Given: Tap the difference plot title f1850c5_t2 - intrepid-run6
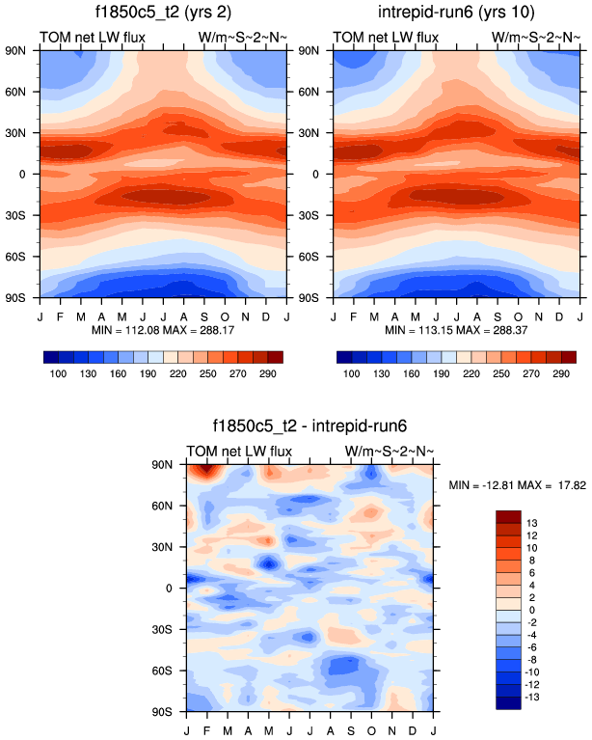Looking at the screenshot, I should tap(309, 425).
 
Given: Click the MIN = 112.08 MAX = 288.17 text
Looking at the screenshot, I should tap(162, 330).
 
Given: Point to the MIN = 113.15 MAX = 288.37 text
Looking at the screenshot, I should tap(456, 330).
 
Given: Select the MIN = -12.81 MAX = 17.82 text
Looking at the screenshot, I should tap(518, 483).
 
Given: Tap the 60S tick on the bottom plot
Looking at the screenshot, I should tap(172, 670).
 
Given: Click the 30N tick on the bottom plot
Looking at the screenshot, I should tap(172, 546).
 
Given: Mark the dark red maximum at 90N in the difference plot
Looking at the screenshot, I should tap(202, 471).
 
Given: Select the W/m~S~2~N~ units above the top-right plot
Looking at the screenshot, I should tap(533, 39).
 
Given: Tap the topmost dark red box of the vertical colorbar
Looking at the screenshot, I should tap(507, 515).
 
